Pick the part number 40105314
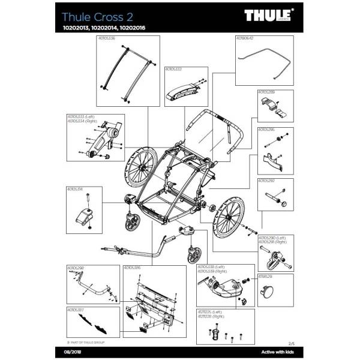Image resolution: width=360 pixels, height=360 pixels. click(75, 189)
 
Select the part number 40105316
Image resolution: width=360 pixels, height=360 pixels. click(131, 268)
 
